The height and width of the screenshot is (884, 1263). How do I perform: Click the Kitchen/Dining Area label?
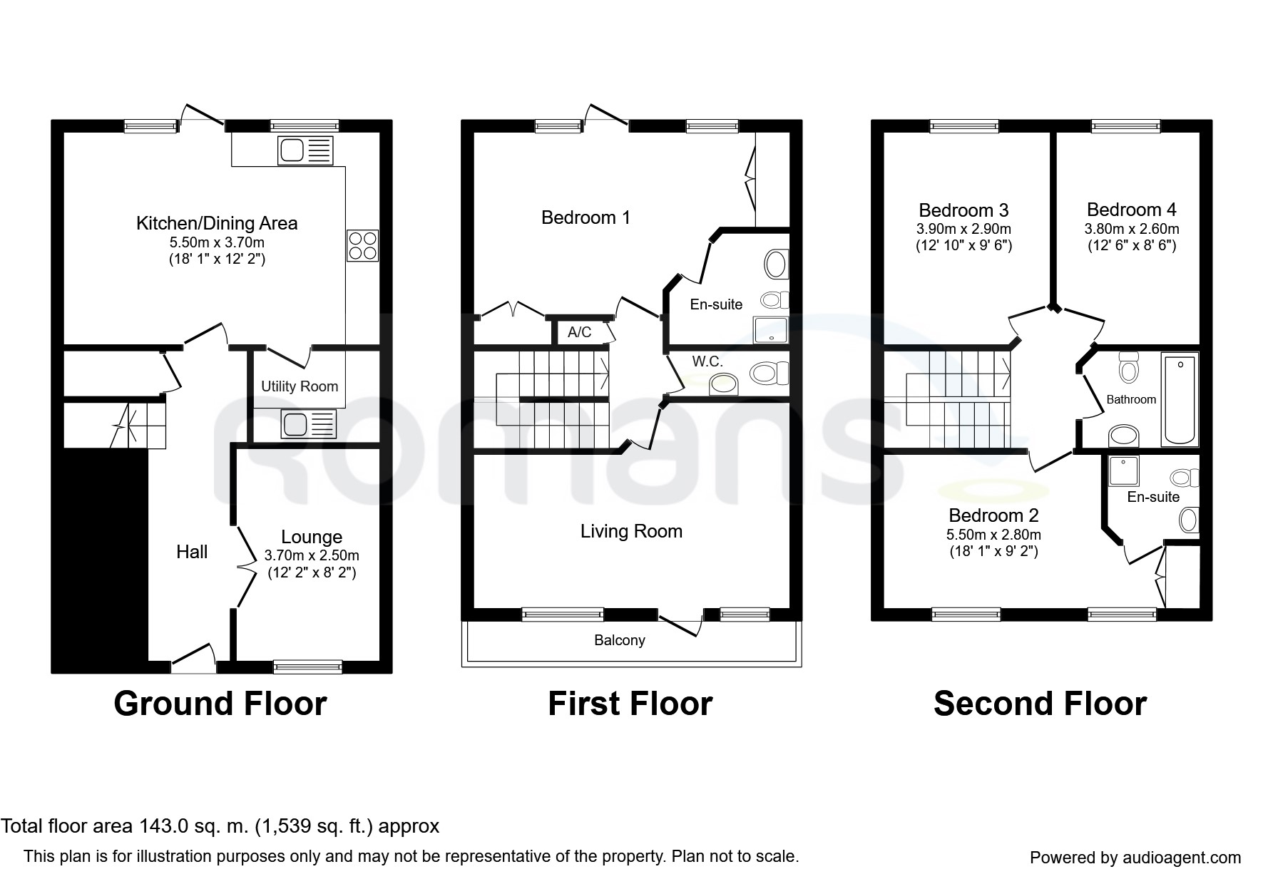[x=217, y=223]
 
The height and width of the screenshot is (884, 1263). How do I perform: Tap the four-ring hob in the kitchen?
[x=362, y=245]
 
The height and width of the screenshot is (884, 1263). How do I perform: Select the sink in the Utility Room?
[x=309, y=425]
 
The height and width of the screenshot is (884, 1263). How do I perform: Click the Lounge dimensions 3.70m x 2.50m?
[x=312, y=555]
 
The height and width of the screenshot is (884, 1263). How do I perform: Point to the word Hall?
[x=192, y=552]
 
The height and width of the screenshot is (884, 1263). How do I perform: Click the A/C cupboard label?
[x=579, y=332]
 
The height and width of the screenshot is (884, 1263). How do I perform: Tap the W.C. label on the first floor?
[x=707, y=361]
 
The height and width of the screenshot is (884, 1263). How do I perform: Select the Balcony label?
[x=619, y=640]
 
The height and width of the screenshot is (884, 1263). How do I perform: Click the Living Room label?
[x=631, y=531]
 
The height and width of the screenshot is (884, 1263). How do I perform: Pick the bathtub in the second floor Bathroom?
[x=1180, y=399]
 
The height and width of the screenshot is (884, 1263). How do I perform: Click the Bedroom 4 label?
[x=1131, y=210]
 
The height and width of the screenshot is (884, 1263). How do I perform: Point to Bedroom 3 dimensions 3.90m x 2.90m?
[x=963, y=230]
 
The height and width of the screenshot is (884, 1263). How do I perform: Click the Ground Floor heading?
[x=220, y=704]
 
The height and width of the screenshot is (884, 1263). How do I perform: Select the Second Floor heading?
[x=1040, y=704]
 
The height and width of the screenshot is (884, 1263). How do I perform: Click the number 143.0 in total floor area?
[x=162, y=826]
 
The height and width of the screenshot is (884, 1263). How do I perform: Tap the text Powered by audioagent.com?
[x=1135, y=858]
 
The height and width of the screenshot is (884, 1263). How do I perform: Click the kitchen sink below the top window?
[x=306, y=150]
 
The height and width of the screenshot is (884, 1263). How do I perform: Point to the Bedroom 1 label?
[x=586, y=217]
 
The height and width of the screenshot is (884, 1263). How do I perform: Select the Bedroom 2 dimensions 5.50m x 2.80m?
[x=993, y=535]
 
